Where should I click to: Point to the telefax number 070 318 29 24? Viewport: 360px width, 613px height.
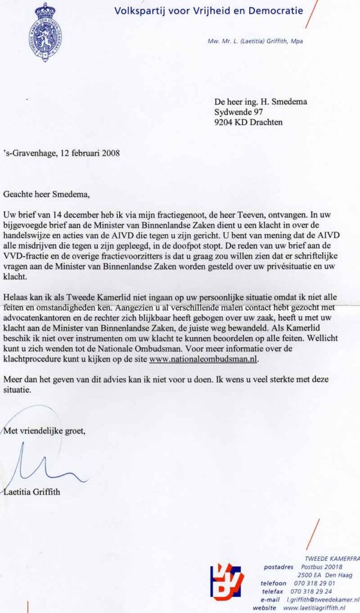point(311,591)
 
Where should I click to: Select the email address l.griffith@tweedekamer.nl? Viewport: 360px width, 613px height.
point(322,599)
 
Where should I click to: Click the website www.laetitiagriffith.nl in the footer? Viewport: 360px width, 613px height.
point(319,608)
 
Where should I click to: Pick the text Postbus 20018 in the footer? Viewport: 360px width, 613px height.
point(322,566)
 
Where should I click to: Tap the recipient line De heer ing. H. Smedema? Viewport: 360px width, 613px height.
point(261,102)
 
